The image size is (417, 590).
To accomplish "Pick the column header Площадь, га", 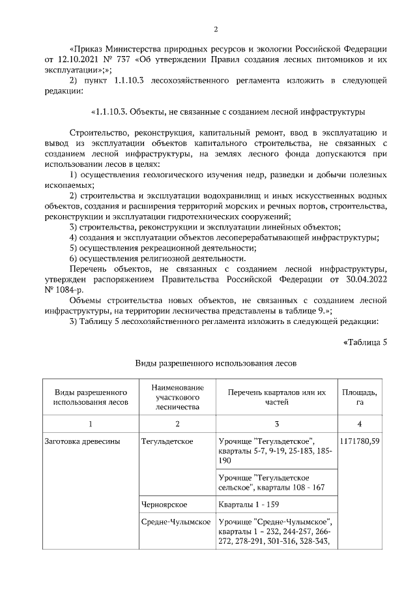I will [359, 396].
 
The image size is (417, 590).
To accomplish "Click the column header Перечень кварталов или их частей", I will [276, 396].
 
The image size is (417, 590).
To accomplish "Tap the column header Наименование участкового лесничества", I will [176, 396].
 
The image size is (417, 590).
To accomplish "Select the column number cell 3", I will [276, 424].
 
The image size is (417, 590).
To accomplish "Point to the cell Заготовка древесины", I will [81, 441].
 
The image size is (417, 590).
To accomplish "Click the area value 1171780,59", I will [360, 441].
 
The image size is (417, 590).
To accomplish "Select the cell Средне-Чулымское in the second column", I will [175, 522].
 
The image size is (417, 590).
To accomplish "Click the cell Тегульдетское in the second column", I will [167, 441].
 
